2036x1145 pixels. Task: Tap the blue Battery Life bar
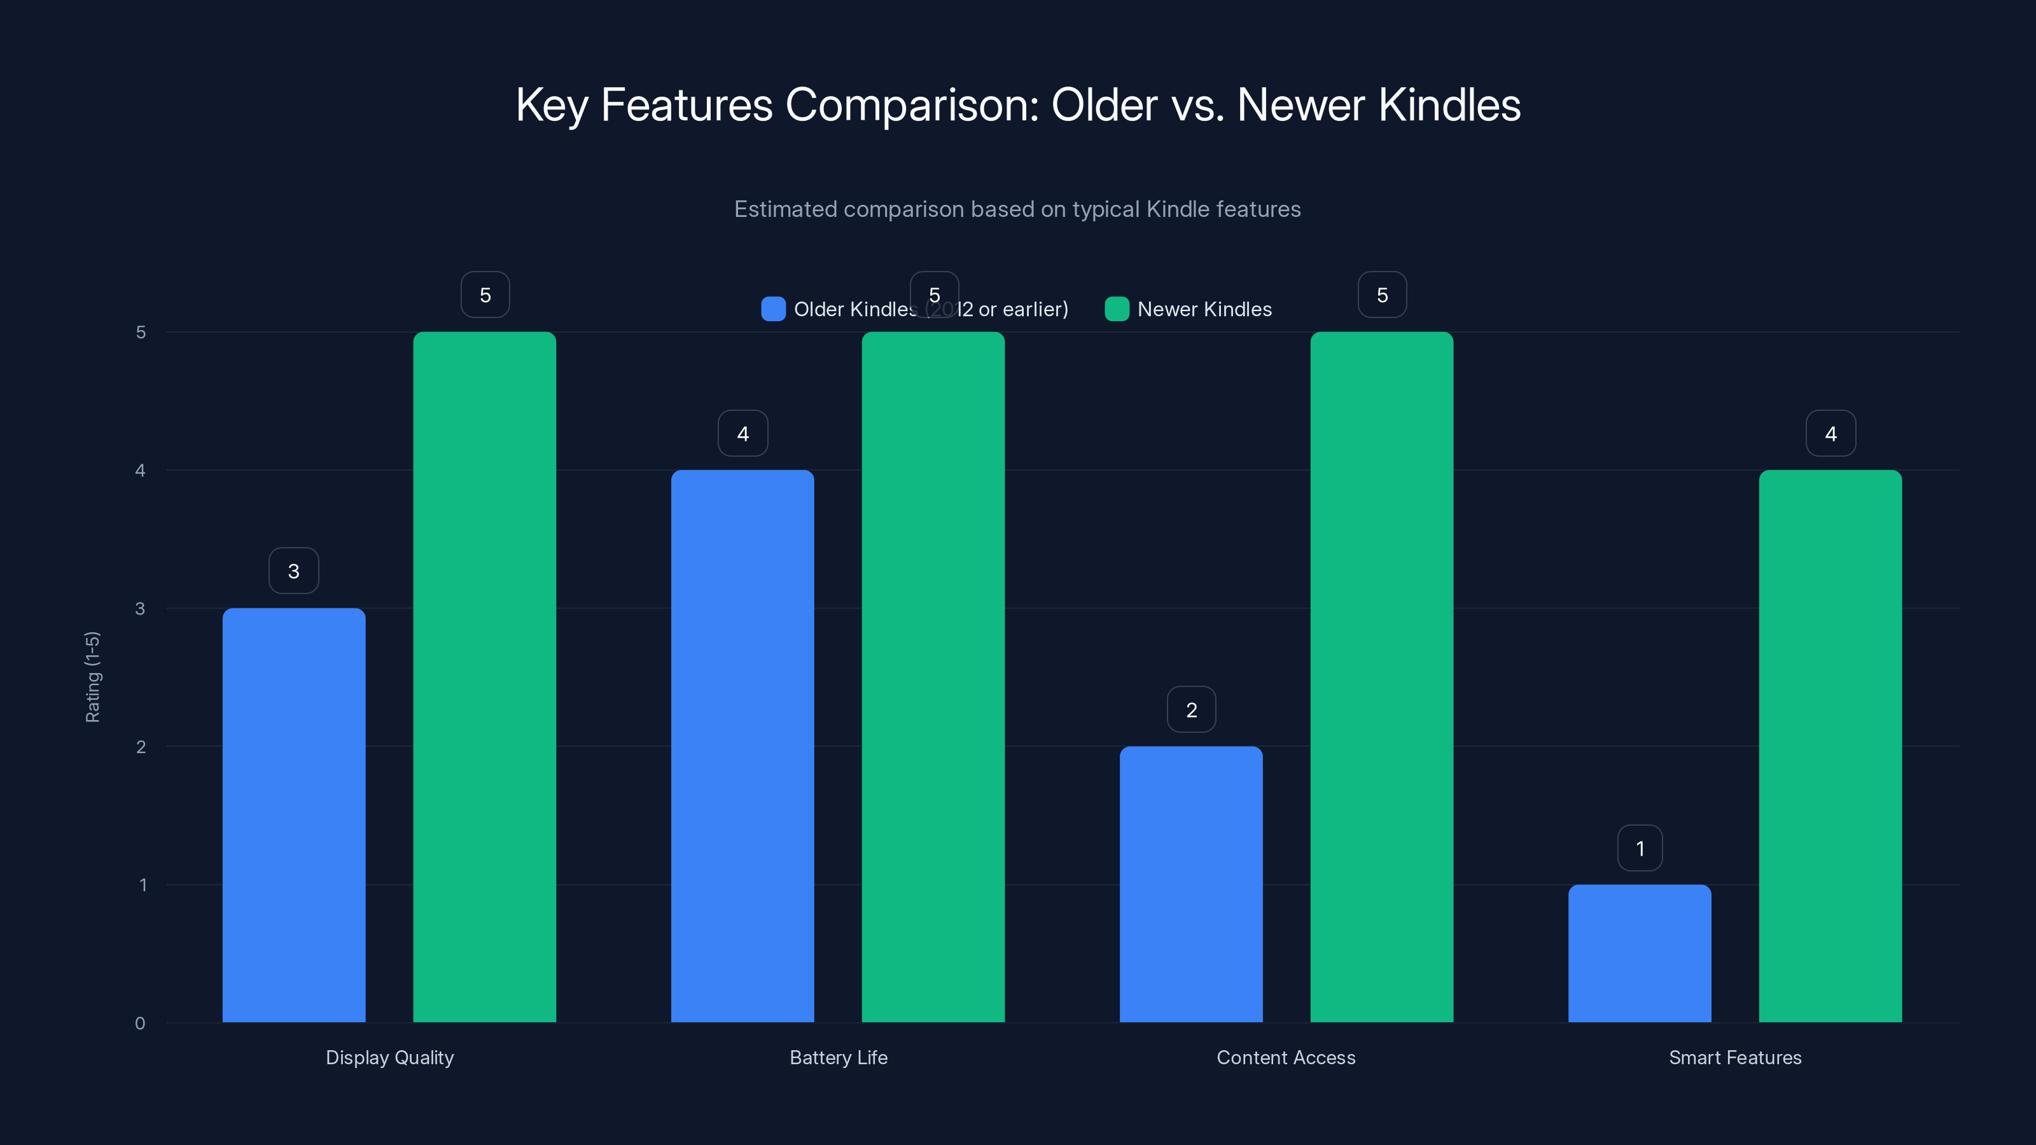[742, 746]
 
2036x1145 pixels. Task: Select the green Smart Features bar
[1830, 746]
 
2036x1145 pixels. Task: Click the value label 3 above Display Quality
[293, 571]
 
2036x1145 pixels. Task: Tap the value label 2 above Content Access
[1191, 710]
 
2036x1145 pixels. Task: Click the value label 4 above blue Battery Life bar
[742, 433]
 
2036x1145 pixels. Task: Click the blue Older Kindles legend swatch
[773, 309]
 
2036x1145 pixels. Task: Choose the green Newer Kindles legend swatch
[1116, 309]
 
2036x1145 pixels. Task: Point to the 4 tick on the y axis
[140, 470]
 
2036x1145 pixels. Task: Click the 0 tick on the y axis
[140, 1024]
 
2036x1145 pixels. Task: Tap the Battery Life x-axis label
[838, 1057]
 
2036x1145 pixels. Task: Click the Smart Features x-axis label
[1735, 1057]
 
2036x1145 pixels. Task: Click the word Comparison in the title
[911, 105]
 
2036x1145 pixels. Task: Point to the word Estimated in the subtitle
[785, 209]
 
